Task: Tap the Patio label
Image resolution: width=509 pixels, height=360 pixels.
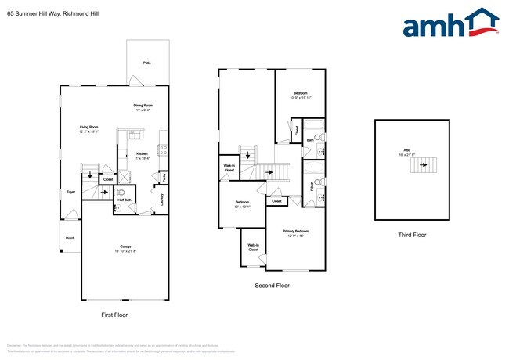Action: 146,62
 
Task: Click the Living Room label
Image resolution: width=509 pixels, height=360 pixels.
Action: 88,129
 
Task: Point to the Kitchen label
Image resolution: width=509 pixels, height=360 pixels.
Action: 142,155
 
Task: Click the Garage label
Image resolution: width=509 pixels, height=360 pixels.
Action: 125,248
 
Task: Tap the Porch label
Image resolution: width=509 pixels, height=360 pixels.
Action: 70,239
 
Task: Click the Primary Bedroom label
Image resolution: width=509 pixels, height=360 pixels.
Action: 295,232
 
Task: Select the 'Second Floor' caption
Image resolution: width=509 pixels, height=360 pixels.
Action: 272,286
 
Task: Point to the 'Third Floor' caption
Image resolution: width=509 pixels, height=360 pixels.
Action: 412,234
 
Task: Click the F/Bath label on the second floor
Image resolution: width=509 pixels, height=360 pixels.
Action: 312,185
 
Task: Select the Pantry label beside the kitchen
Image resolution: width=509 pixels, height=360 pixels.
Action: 164,177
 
